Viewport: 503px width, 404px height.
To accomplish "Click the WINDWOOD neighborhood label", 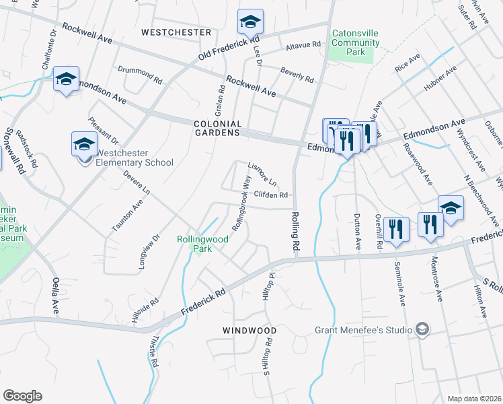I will click(249, 331).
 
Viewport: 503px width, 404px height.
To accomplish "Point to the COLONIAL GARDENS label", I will click(217, 129).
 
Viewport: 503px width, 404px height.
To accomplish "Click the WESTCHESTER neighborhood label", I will click(176, 32).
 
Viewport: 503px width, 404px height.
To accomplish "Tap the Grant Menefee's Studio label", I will click(363, 330).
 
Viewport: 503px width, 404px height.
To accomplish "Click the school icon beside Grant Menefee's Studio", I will click(422, 329).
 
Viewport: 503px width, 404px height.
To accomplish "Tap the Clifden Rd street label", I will click(272, 195).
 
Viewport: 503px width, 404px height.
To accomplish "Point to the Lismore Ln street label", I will click(262, 174).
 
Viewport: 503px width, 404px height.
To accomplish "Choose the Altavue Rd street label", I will click(304, 45).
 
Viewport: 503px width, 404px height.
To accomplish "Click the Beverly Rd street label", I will click(297, 75).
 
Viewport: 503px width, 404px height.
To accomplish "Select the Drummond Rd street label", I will click(140, 74).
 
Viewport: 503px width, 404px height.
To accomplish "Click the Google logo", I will click(22, 395).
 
